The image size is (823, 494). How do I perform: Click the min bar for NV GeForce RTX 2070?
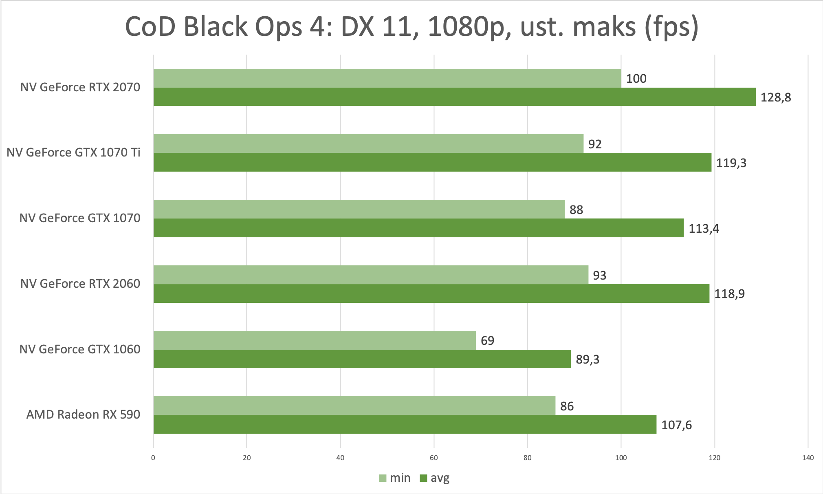pyautogui.click(x=387, y=78)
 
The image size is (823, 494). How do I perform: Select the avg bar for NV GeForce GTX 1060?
pyautogui.click(x=362, y=359)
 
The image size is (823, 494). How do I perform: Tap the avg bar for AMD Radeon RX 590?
pyautogui.click(x=405, y=424)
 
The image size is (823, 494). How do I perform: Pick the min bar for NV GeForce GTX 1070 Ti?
pyautogui.click(x=368, y=143)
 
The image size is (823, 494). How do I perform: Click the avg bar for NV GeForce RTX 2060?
pyautogui.click(x=431, y=293)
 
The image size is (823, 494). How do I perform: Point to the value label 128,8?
pyautogui.click(x=776, y=97)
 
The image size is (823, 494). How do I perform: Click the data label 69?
pyautogui.click(x=487, y=340)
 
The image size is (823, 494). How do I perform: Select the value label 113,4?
pyautogui.click(x=704, y=228)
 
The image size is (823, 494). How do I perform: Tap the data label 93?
pyautogui.click(x=599, y=275)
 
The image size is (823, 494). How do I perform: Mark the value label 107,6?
pyautogui.click(x=676, y=425)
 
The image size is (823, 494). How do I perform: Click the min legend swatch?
pyautogui.click(x=383, y=478)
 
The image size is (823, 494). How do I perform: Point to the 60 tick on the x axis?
pyautogui.click(x=434, y=458)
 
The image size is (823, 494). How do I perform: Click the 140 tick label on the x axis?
pyautogui.click(x=808, y=458)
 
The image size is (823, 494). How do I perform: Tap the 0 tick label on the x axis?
pyautogui.click(x=153, y=458)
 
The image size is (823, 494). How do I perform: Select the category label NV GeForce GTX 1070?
pyautogui.click(x=80, y=218)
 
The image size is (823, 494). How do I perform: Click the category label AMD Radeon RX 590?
pyautogui.click(x=83, y=415)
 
